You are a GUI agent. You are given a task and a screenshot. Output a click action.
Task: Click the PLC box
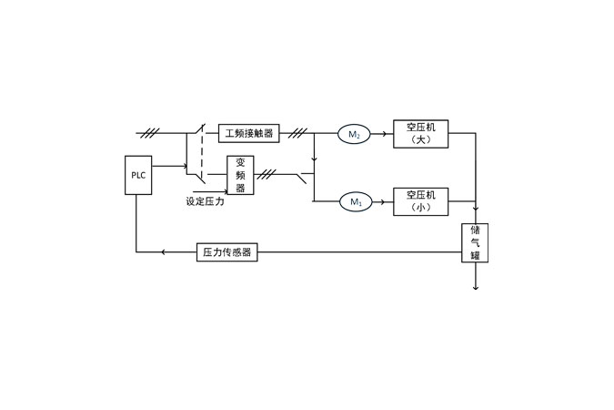point(136,175)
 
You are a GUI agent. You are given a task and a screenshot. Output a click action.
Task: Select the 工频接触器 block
point(249,134)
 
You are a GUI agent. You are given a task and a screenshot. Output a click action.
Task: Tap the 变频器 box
point(240,175)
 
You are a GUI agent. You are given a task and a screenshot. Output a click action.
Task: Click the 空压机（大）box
point(420,134)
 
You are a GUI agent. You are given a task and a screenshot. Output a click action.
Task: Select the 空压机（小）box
point(420,201)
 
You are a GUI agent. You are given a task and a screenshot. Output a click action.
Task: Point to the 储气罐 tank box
point(475,243)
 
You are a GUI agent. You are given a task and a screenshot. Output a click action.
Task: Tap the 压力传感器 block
point(226,251)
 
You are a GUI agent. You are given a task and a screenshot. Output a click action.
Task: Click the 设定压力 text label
point(205,201)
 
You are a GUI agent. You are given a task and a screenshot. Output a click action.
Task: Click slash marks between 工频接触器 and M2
point(297,134)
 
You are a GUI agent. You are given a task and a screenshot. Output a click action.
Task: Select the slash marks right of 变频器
point(267,173)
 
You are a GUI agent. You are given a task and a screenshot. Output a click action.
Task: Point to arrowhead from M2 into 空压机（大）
point(386,135)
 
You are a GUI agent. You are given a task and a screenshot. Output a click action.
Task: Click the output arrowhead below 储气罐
point(475,288)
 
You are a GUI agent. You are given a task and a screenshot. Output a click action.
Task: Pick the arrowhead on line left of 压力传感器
point(163,251)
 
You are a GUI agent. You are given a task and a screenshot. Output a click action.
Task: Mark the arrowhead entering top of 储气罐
point(475,220)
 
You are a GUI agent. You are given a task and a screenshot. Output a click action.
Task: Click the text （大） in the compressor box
point(420,140)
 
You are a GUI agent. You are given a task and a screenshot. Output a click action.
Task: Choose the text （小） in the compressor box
point(420,208)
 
